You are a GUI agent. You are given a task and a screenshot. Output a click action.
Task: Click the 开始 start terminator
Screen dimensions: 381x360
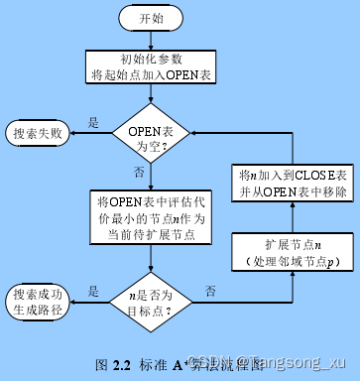tap(151, 18)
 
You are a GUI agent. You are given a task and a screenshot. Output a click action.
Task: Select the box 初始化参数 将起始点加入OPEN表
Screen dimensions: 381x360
tap(150, 65)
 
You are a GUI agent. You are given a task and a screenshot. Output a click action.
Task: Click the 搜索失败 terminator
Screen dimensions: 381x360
tap(38, 132)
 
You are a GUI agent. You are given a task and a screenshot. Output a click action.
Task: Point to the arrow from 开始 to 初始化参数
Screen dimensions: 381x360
tap(150, 40)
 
